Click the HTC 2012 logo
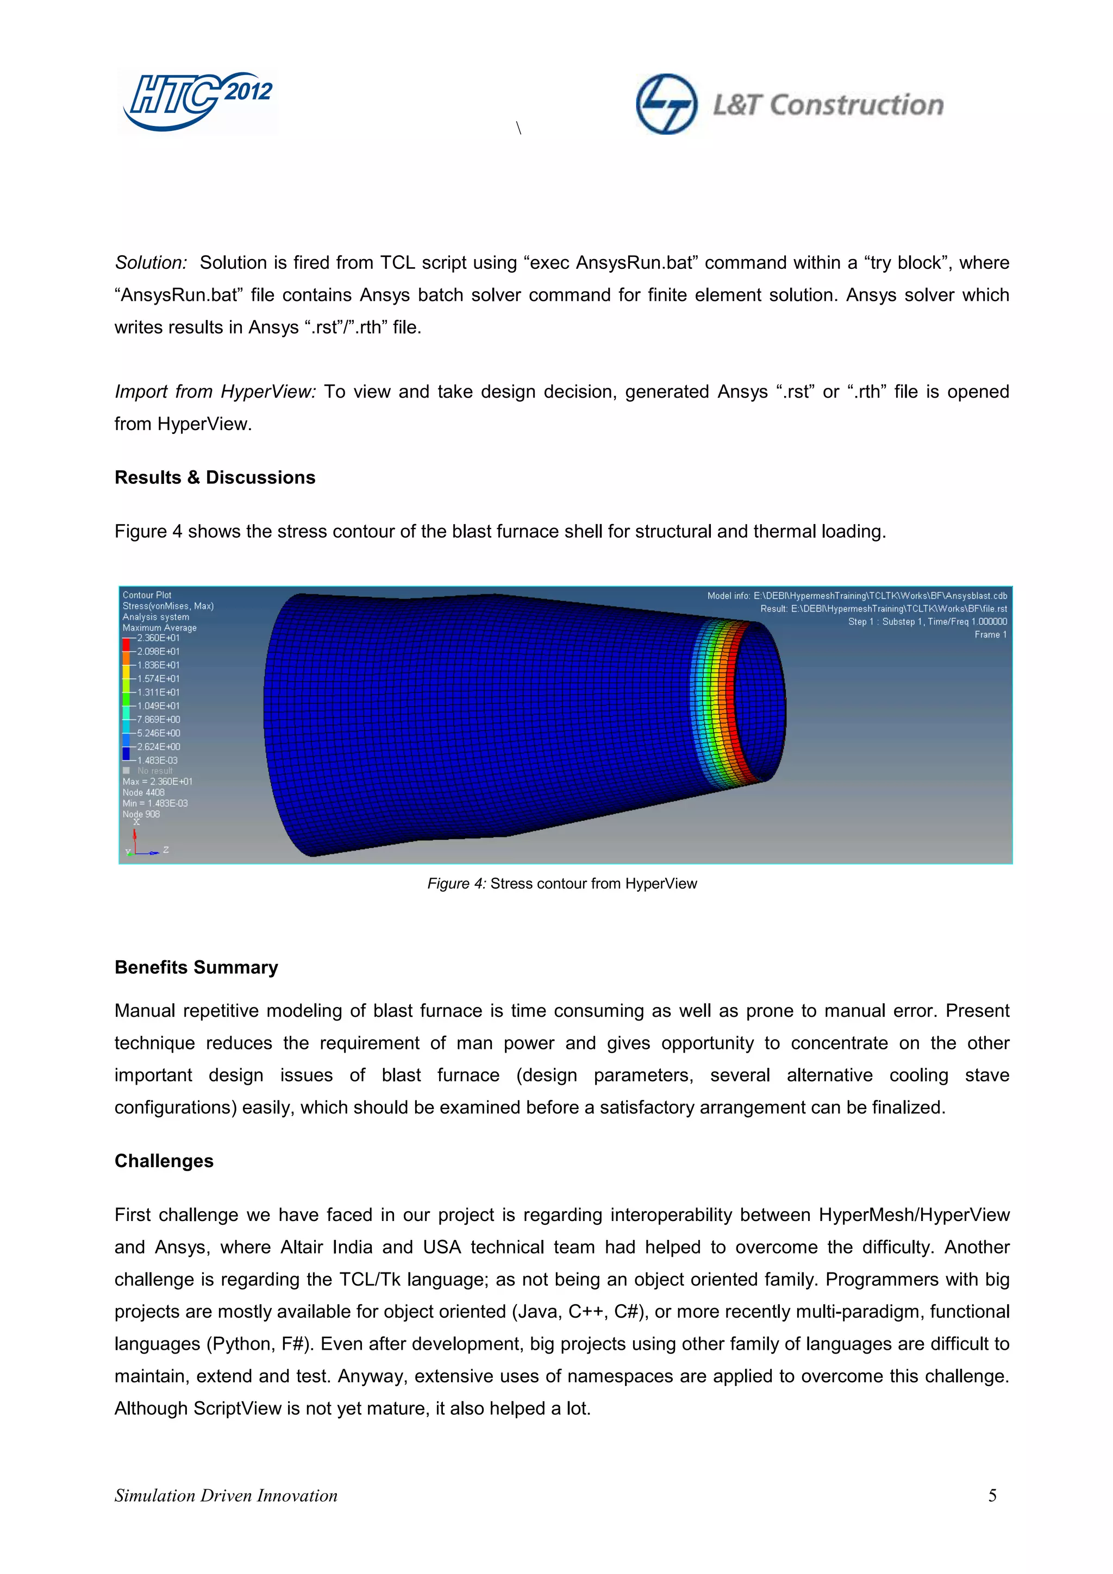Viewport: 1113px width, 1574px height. point(197,101)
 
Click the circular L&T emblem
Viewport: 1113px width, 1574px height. point(666,104)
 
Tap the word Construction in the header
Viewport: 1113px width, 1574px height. point(856,105)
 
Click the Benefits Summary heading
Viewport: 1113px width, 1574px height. point(196,967)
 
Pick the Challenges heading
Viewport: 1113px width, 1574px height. point(164,1160)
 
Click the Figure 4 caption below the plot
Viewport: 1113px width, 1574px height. point(561,883)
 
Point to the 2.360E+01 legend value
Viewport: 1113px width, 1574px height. point(158,638)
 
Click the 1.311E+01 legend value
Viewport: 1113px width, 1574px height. point(158,692)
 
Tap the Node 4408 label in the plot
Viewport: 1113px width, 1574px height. point(143,792)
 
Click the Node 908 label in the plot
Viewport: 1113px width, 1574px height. point(141,814)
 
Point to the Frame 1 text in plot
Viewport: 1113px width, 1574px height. point(990,634)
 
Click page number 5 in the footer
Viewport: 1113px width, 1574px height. point(992,1495)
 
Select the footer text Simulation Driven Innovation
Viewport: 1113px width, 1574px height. point(226,1495)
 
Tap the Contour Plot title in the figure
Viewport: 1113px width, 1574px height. point(147,595)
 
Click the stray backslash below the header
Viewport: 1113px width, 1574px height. point(518,128)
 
